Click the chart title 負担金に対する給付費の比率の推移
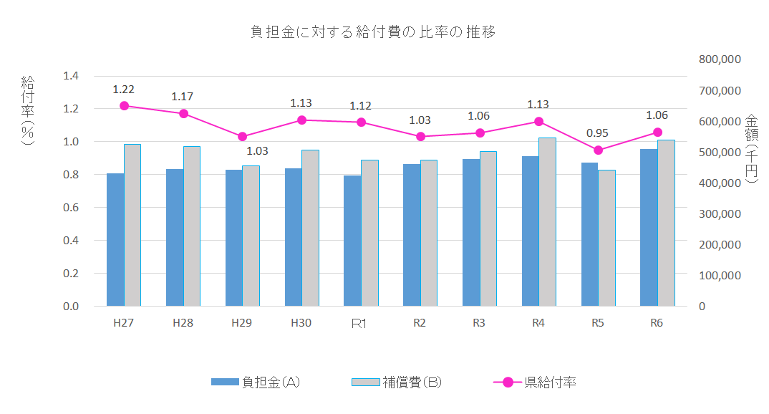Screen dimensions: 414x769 coord(372,32)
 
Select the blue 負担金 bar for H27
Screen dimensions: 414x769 coord(115,240)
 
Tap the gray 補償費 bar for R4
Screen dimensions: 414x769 coord(547,222)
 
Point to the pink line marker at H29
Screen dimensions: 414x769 coord(242,137)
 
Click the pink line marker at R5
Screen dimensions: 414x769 coord(598,150)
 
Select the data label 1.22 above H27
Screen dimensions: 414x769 coord(123,90)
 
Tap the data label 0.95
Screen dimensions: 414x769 coord(598,133)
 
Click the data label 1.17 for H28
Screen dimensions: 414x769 coord(183,97)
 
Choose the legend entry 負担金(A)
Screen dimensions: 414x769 coord(256,382)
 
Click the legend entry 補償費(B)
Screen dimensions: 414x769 coord(397,382)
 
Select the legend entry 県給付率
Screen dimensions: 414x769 coord(535,382)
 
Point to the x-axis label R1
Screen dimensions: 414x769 coord(359,324)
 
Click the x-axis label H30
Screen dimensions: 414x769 coord(301,323)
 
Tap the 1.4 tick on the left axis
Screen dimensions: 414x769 coord(71,76)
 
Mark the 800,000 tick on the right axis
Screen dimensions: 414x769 coord(720,59)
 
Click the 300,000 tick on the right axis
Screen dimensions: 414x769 coord(720,213)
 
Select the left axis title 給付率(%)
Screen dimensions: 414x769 coord(28,111)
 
